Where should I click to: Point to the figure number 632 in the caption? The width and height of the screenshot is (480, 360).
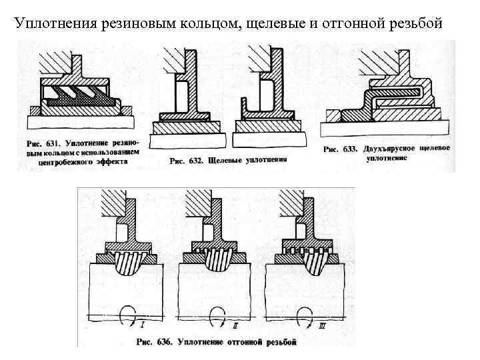pyautogui.click(x=195, y=161)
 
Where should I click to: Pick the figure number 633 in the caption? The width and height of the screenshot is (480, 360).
pyautogui.click(x=351, y=149)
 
